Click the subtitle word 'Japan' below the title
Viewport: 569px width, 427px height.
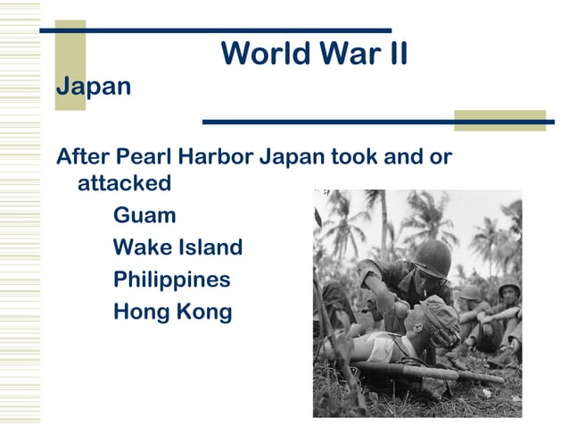pyautogui.click(x=94, y=88)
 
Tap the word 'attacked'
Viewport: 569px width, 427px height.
pyautogui.click(x=124, y=184)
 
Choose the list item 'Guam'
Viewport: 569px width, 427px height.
pyautogui.click(x=144, y=215)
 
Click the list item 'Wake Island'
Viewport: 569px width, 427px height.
pyautogui.click(x=177, y=247)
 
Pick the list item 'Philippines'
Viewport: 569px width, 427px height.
pyautogui.click(x=171, y=280)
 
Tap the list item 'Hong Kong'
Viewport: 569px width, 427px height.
pyautogui.click(x=172, y=312)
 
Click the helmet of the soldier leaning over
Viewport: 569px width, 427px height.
pyautogui.click(x=433, y=257)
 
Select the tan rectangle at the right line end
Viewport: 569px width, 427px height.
pyautogui.click(x=499, y=121)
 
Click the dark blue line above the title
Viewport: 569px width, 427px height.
pyautogui.click(x=214, y=30)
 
